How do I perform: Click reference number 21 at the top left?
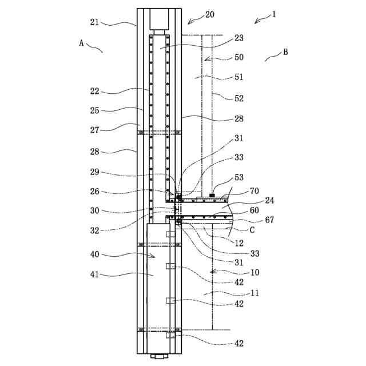(94, 22)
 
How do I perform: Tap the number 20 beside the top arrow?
(209, 14)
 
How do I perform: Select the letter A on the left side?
(82, 43)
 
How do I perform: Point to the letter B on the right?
(285, 52)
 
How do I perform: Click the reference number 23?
(238, 39)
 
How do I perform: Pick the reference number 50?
(238, 57)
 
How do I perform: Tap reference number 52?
(238, 98)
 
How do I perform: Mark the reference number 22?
(94, 91)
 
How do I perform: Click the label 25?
(94, 110)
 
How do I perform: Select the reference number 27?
(94, 130)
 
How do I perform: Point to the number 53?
(238, 178)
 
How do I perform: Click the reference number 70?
(254, 190)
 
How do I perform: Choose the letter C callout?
(252, 230)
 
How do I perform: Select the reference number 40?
(94, 254)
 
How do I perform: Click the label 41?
(94, 274)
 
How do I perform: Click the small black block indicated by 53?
(212, 196)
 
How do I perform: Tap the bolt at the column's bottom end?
(159, 357)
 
